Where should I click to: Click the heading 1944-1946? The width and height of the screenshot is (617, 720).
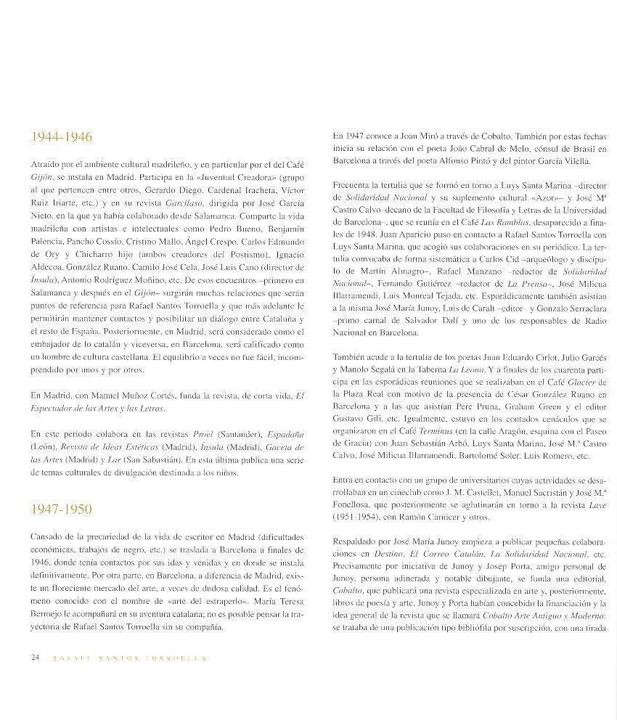pos(61,137)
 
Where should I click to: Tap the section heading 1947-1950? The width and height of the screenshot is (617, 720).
pos(61,509)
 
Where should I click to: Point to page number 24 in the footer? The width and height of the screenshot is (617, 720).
pos(36,658)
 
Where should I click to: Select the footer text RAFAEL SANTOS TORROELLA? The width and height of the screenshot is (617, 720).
pos(128,658)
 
